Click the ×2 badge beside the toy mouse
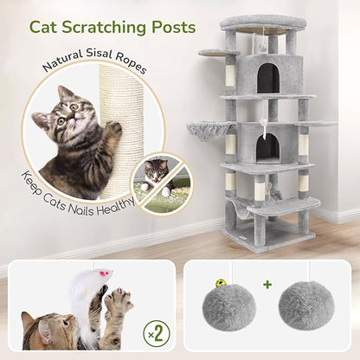pos(151,331)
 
